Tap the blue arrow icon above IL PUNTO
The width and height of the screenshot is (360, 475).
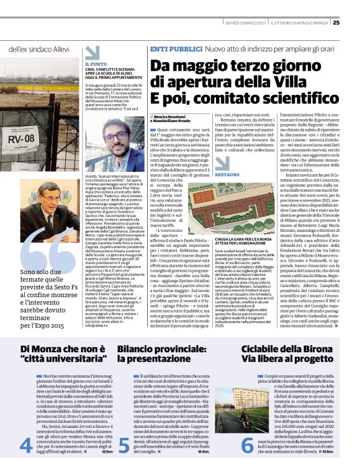click(x=92, y=53)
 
